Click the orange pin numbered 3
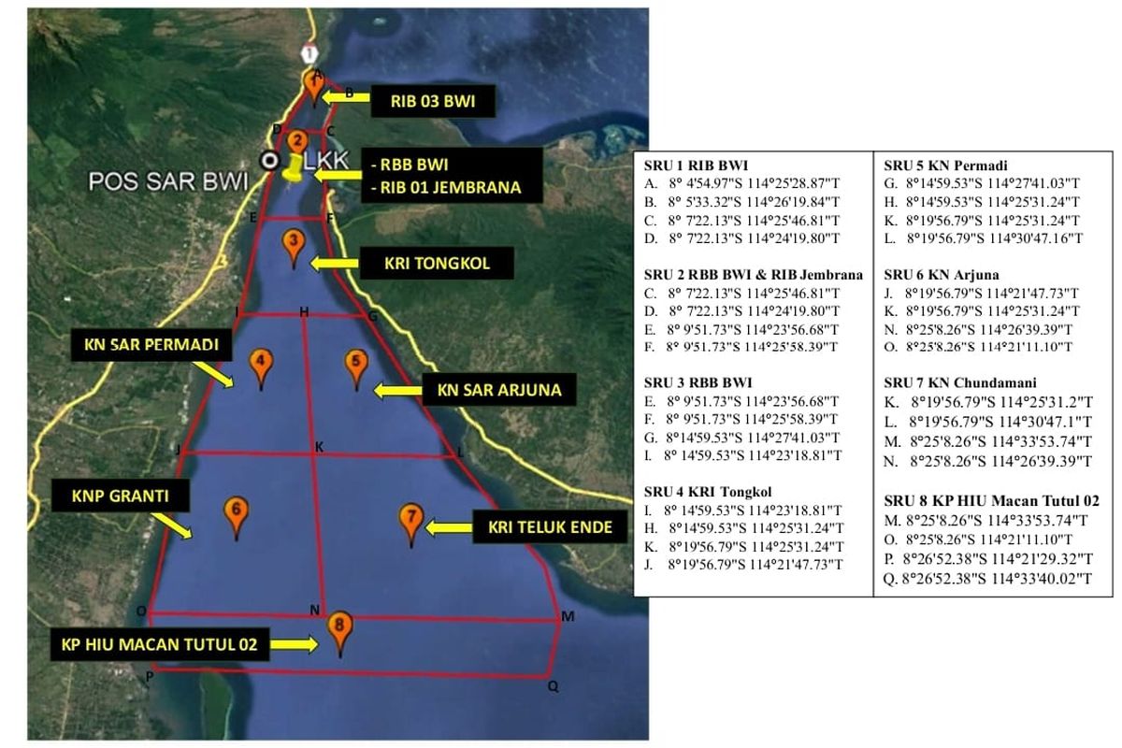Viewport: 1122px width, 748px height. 294,247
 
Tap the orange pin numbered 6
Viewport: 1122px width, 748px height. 236,515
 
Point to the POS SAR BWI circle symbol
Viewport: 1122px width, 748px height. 269,161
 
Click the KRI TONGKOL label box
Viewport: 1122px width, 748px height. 437,263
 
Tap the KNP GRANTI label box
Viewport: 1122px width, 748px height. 121,496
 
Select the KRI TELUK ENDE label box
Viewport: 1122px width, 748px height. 550,526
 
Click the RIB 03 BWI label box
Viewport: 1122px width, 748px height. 433,101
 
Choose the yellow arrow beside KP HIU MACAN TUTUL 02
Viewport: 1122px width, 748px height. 294,644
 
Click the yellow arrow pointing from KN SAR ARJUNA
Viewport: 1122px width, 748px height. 398,390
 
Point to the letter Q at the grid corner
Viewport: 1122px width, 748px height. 553,686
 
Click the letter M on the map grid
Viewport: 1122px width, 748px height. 568,616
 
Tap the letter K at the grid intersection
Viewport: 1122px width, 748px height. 319,447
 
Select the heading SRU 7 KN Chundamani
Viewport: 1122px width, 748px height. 959,382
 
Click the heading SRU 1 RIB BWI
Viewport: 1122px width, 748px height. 696,165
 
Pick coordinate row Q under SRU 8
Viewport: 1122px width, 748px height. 987,579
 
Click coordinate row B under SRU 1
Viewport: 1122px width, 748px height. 741,202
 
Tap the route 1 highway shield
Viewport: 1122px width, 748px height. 309,53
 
